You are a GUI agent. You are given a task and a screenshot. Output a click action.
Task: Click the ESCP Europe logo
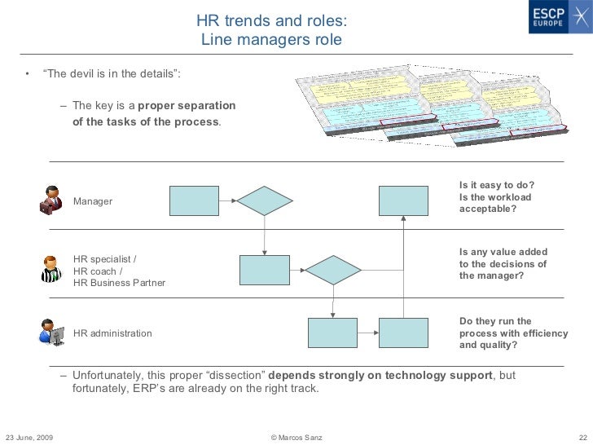(551, 19)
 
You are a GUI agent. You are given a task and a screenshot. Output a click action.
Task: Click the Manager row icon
(51, 200)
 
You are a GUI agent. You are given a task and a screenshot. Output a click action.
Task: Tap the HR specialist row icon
(51, 268)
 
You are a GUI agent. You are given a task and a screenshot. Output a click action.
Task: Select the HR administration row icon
(51, 332)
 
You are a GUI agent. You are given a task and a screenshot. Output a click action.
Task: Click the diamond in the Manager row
(264, 200)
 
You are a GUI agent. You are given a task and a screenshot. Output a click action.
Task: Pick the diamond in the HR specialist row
(332, 270)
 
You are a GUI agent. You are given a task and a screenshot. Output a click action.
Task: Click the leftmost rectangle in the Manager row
(194, 200)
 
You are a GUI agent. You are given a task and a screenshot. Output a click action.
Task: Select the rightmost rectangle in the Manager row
(403, 200)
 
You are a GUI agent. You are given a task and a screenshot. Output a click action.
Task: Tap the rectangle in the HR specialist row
(264, 270)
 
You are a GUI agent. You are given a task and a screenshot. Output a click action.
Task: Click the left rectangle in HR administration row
(332, 333)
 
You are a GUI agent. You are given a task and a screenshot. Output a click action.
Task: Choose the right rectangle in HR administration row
(403, 333)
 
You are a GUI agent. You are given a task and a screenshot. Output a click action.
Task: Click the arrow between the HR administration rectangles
(368, 333)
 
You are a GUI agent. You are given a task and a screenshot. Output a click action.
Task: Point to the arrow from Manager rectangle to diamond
(228, 200)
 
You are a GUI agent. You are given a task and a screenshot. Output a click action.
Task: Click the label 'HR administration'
(112, 333)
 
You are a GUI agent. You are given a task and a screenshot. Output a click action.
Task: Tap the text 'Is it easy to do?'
(497, 185)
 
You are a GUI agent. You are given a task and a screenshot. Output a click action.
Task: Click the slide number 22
(582, 438)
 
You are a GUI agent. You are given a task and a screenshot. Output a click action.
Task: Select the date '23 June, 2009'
(29, 438)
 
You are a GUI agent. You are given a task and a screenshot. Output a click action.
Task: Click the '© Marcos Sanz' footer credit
(296, 438)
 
